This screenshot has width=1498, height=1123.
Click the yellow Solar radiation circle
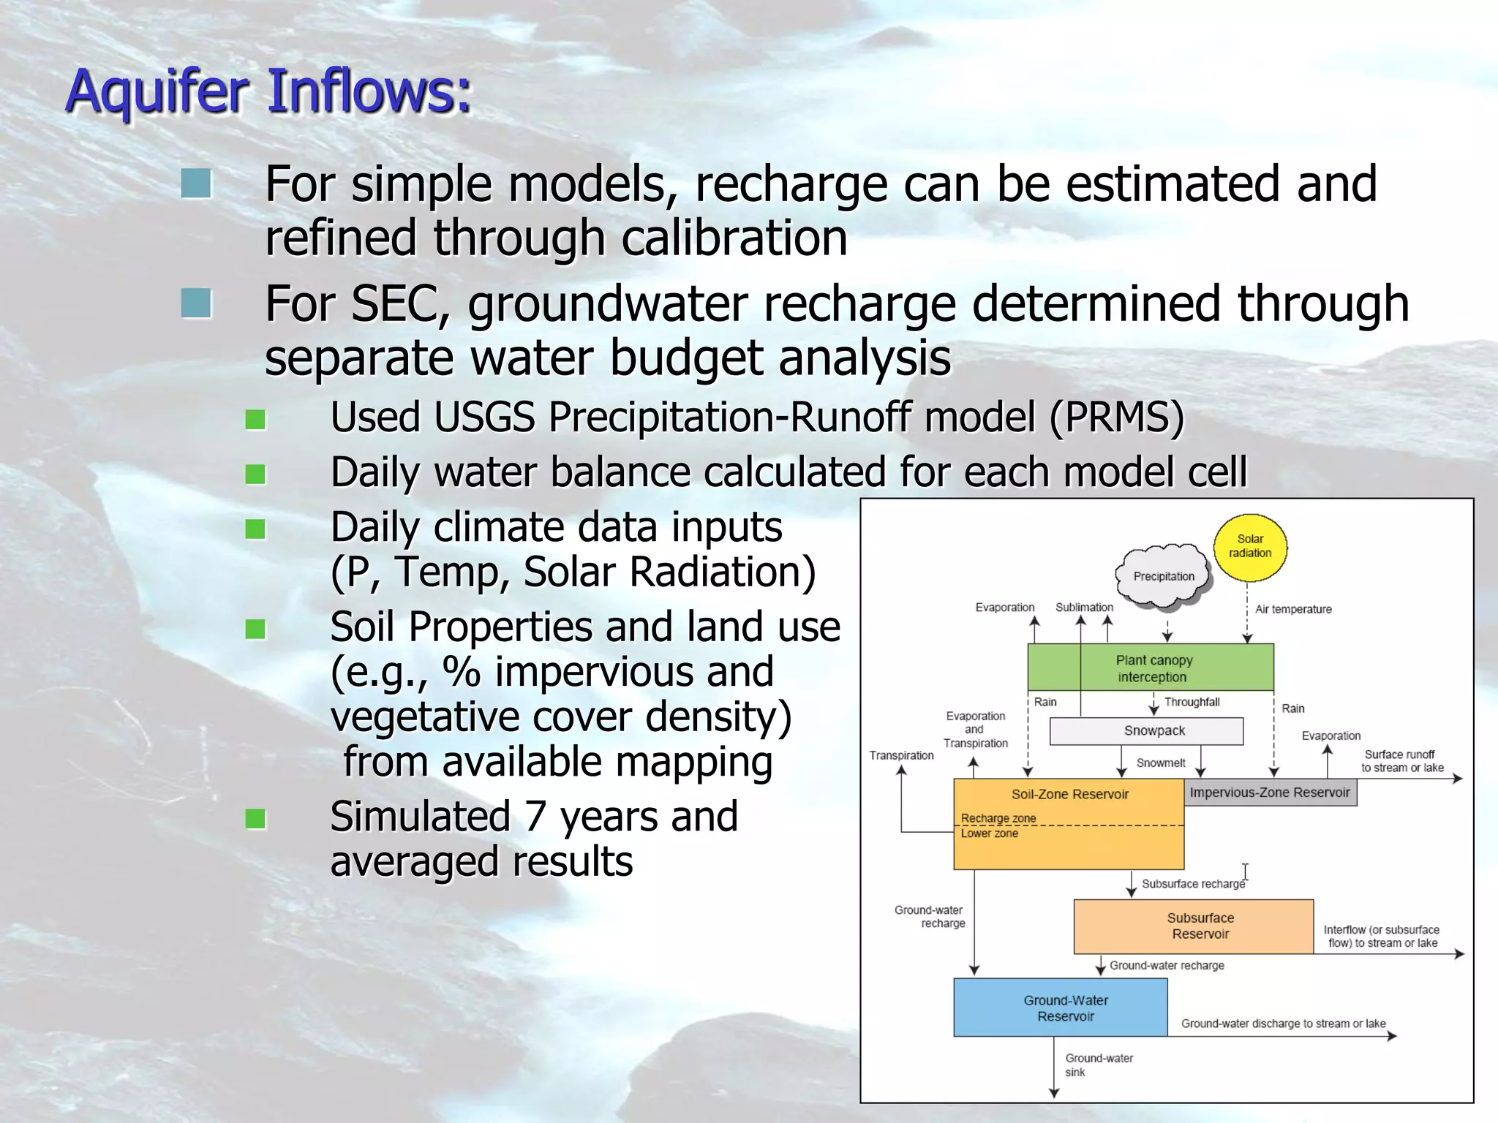(x=1249, y=547)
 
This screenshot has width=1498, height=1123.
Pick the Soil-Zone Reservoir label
(x=1069, y=794)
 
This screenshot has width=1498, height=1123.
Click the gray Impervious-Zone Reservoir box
(x=1269, y=793)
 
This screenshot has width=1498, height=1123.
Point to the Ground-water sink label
(x=1098, y=1065)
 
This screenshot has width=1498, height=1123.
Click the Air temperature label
(x=1292, y=609)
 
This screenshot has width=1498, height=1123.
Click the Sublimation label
(x=1084, y=607)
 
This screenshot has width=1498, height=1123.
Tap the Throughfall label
(x=1192, y=702)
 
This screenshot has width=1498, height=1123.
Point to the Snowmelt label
(x=1160, y=763)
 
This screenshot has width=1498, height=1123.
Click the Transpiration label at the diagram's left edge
(x=901, y=755)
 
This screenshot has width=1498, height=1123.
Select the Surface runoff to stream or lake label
(x=1401, y=760)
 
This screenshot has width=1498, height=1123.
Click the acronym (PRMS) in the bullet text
(x=1116, y=417)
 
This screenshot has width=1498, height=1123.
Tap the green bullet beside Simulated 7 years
(x=255, y=819)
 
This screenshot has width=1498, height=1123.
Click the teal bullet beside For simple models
(x=196, y=184)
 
